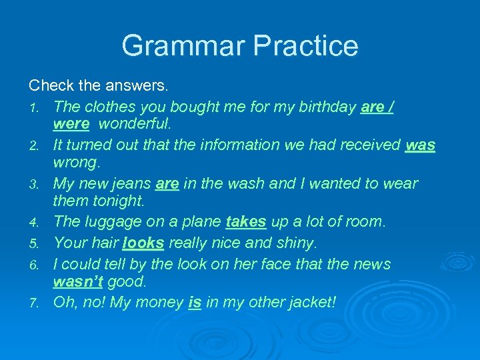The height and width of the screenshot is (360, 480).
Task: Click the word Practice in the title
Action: [306, 46]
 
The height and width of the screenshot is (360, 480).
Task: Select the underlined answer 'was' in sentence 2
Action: [420, 145]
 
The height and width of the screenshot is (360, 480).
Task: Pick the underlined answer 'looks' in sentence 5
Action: [143, 243]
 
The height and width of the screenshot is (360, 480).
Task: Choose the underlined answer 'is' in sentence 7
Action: [195, 302]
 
